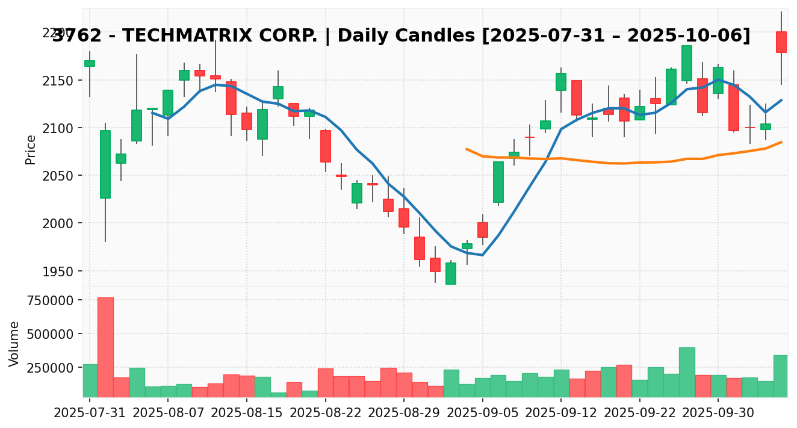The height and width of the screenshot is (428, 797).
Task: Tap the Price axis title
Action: [31, 149]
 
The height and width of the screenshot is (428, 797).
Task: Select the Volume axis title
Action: [14, 343]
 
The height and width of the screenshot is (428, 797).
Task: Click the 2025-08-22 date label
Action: [326, 414]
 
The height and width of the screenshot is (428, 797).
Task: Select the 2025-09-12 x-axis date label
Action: [561, 414]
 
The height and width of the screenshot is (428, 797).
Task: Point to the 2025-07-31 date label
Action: [90, 414]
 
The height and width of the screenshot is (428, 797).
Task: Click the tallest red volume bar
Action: [105, 347]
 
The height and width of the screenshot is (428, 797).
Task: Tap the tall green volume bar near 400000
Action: [687, 372]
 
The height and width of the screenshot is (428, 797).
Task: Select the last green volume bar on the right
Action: [781, 376]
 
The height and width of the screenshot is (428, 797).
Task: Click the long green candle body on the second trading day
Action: [105, 164]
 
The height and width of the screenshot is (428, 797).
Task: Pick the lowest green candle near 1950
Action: [451, 273]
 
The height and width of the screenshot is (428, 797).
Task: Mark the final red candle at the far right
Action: [781, 42]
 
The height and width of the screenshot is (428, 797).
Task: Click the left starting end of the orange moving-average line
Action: [467, 149]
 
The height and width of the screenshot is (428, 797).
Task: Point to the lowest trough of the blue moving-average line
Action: [482, 255]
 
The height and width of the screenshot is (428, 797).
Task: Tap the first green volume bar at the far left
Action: [90, 380]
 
